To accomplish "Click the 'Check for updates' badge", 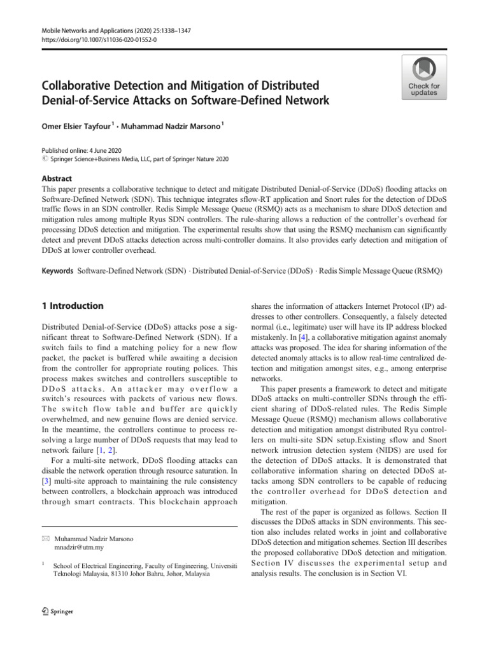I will (424, 77).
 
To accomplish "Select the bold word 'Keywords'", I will (58, 271).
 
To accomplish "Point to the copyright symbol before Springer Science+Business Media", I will (45, 159).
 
